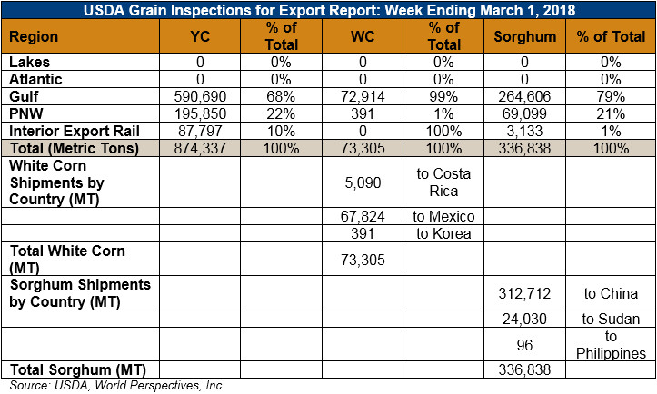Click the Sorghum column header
[524, 37]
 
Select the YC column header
[200, 36]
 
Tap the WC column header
[363, 36]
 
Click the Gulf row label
[24, 97]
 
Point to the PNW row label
[26, 113]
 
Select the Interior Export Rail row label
[75, 131]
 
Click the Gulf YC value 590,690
[200, 97]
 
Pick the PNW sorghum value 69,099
[524, 113]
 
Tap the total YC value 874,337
[200, 148]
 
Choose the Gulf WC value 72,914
[363, 97]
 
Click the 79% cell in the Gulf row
[611, 97]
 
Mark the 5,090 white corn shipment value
[363, 182]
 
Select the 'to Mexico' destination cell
[443, 216]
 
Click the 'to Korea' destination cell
[443, 233]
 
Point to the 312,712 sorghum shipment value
[524, 293]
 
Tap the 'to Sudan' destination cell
[611, 319]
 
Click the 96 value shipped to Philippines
[524, 345]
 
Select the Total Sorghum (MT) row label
[78, 370]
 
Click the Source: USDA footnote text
[117, 385]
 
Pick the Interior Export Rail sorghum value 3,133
[524, 131]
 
